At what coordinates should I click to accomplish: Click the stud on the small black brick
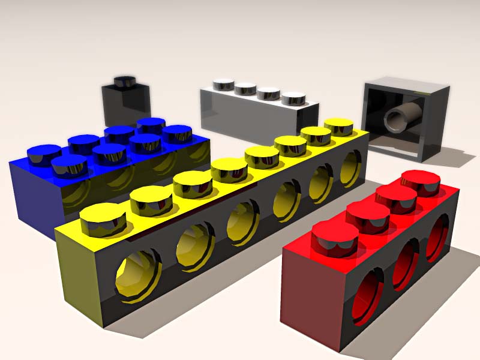[126, 82]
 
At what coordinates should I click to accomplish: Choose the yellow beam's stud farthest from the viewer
[338, 126]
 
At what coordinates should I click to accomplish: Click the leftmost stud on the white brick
[224, 85]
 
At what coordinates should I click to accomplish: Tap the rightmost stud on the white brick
[293, 98]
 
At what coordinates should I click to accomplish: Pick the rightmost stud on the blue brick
[177, 134]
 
